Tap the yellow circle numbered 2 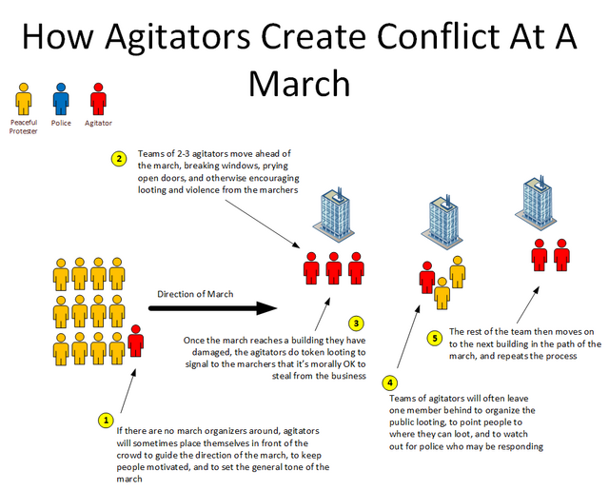click(119, 159)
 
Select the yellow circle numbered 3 click(355, 323)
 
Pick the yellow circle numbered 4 click(389, 383)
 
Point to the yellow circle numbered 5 click(435, 337)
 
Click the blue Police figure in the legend click(62, 98)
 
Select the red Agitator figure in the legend click(98, 98)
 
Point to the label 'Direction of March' click(195, 293)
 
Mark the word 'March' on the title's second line click(299, 84)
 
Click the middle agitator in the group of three click(334, 268)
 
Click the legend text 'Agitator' click(98, 123)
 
